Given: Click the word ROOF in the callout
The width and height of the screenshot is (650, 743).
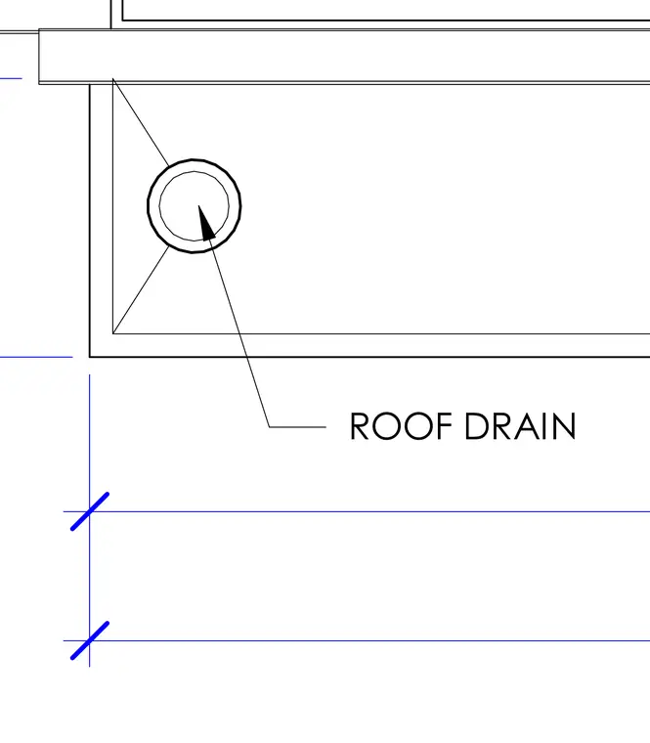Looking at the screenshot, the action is [401, 426].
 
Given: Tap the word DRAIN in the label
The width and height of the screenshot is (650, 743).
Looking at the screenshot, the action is [520, 426].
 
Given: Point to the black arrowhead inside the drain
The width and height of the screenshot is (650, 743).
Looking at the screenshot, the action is [206, 223].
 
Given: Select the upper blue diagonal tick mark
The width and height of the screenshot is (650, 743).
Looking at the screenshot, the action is [90, 511].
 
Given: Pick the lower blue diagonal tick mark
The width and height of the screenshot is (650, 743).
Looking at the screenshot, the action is [90, 640].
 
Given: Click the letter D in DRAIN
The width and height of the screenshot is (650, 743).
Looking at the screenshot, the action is [476, 426].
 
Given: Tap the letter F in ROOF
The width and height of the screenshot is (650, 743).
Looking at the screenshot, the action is [442, 426].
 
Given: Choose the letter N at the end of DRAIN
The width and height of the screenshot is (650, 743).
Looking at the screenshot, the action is [565, 426].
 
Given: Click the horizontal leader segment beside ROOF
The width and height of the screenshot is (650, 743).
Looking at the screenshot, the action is [297, 427].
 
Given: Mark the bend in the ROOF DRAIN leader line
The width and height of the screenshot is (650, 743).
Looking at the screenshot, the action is [269, 427].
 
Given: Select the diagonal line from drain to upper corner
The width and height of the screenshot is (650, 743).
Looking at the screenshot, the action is [141, 122].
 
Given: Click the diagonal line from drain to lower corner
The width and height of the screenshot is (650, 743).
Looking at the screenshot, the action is [141, 289].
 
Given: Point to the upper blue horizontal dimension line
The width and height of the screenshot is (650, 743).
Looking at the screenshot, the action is [356, 511].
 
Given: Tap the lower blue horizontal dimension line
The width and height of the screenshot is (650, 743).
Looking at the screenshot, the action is [356, 640].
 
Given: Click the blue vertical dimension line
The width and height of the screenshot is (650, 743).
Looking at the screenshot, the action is [90, 520].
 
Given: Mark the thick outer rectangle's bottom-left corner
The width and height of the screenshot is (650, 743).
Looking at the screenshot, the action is [90, 356].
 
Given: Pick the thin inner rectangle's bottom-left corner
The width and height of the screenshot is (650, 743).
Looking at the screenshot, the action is [112, 333].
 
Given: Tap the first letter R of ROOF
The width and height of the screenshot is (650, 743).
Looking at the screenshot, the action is [359, 426].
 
